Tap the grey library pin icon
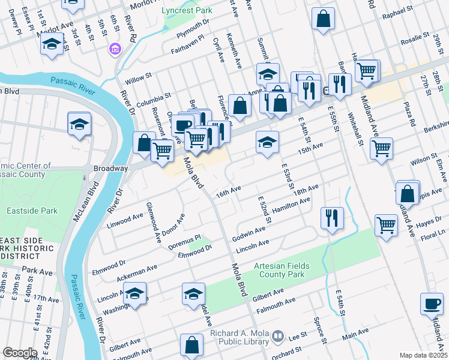[277, 337]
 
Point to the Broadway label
[110, 169]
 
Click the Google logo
[20, 353]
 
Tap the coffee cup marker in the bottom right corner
[432, 304]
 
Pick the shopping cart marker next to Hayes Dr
[386, 226]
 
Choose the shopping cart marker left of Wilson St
[382, 148]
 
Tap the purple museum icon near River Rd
[114, 49]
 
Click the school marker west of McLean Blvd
[79, 124]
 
